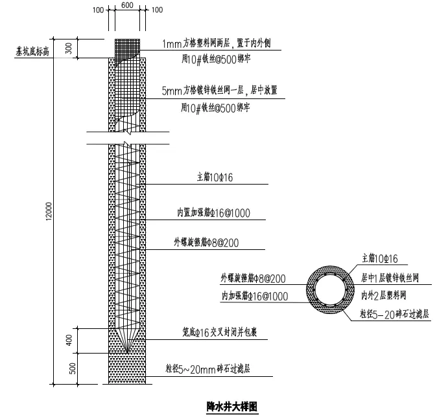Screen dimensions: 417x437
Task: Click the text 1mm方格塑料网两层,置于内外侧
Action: coord(220,44)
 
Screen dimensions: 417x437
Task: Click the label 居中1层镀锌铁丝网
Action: coord(390,278)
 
